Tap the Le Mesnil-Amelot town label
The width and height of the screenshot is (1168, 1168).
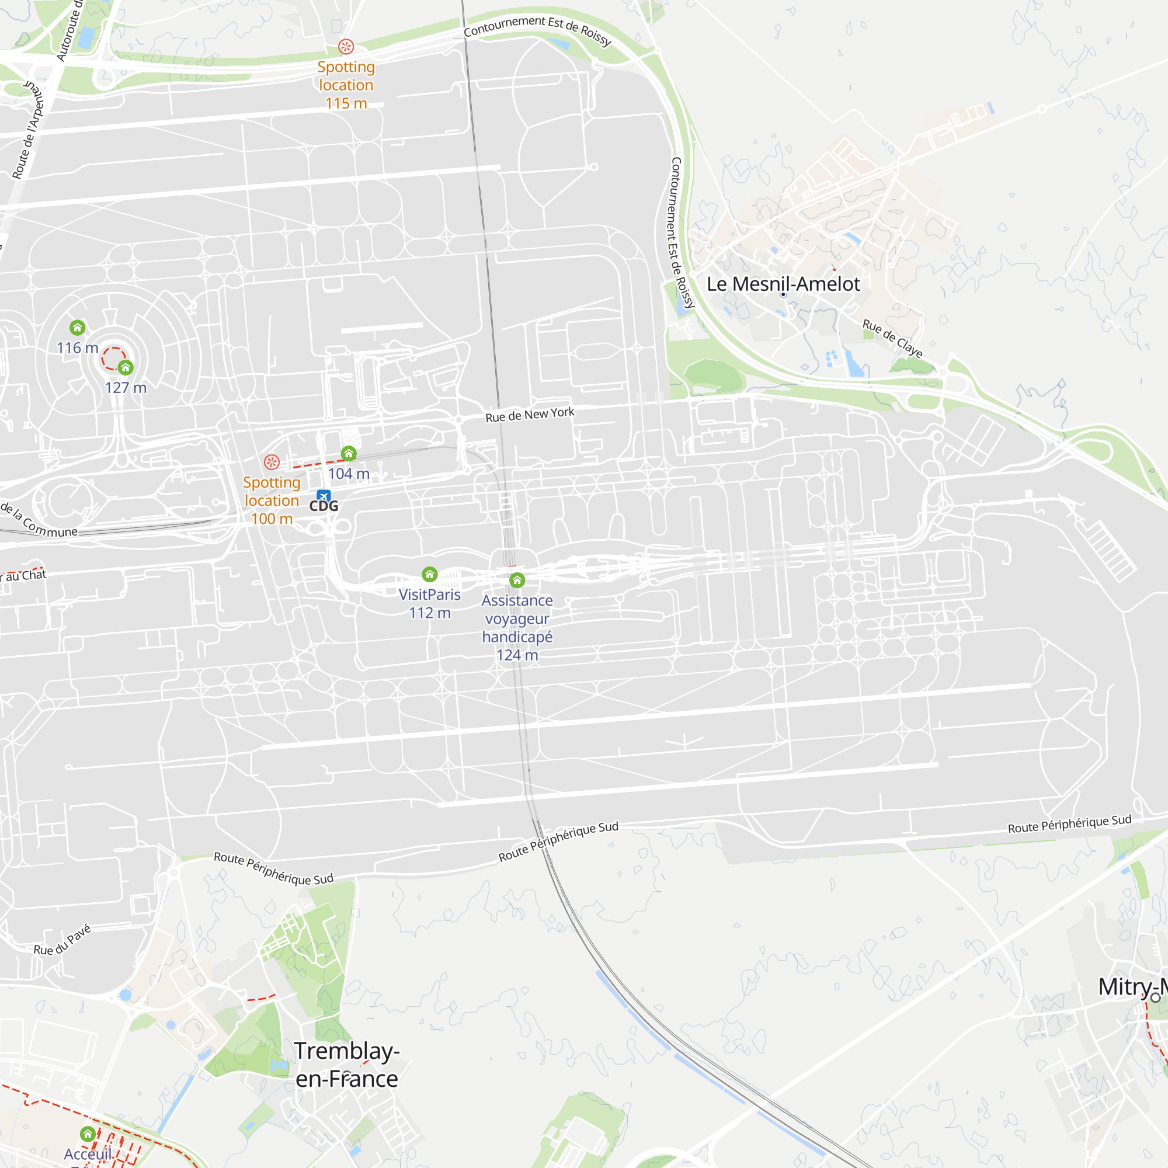783,284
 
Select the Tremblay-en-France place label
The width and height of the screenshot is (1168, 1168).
346,1065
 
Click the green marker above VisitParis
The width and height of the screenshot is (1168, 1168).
429,573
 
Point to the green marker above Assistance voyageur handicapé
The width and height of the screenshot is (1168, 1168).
517,580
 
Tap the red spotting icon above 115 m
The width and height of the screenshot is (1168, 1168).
346,47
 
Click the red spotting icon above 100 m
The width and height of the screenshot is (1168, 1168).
272,463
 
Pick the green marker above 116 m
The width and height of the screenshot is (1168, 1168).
78,328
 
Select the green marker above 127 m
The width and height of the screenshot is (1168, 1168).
125,367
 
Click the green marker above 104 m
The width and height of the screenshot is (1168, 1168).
348,453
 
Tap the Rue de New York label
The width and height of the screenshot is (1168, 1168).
530,415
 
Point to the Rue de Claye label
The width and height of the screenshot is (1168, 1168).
892,339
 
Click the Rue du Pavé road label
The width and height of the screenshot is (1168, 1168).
62,940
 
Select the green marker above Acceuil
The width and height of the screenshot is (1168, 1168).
88,1134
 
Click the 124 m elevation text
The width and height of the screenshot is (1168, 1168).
517,655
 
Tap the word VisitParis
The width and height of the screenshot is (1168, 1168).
429,595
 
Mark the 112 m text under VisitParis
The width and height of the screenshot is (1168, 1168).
429,613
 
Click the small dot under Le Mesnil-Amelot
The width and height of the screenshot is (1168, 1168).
783,294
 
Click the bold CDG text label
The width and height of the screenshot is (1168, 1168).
324,506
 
